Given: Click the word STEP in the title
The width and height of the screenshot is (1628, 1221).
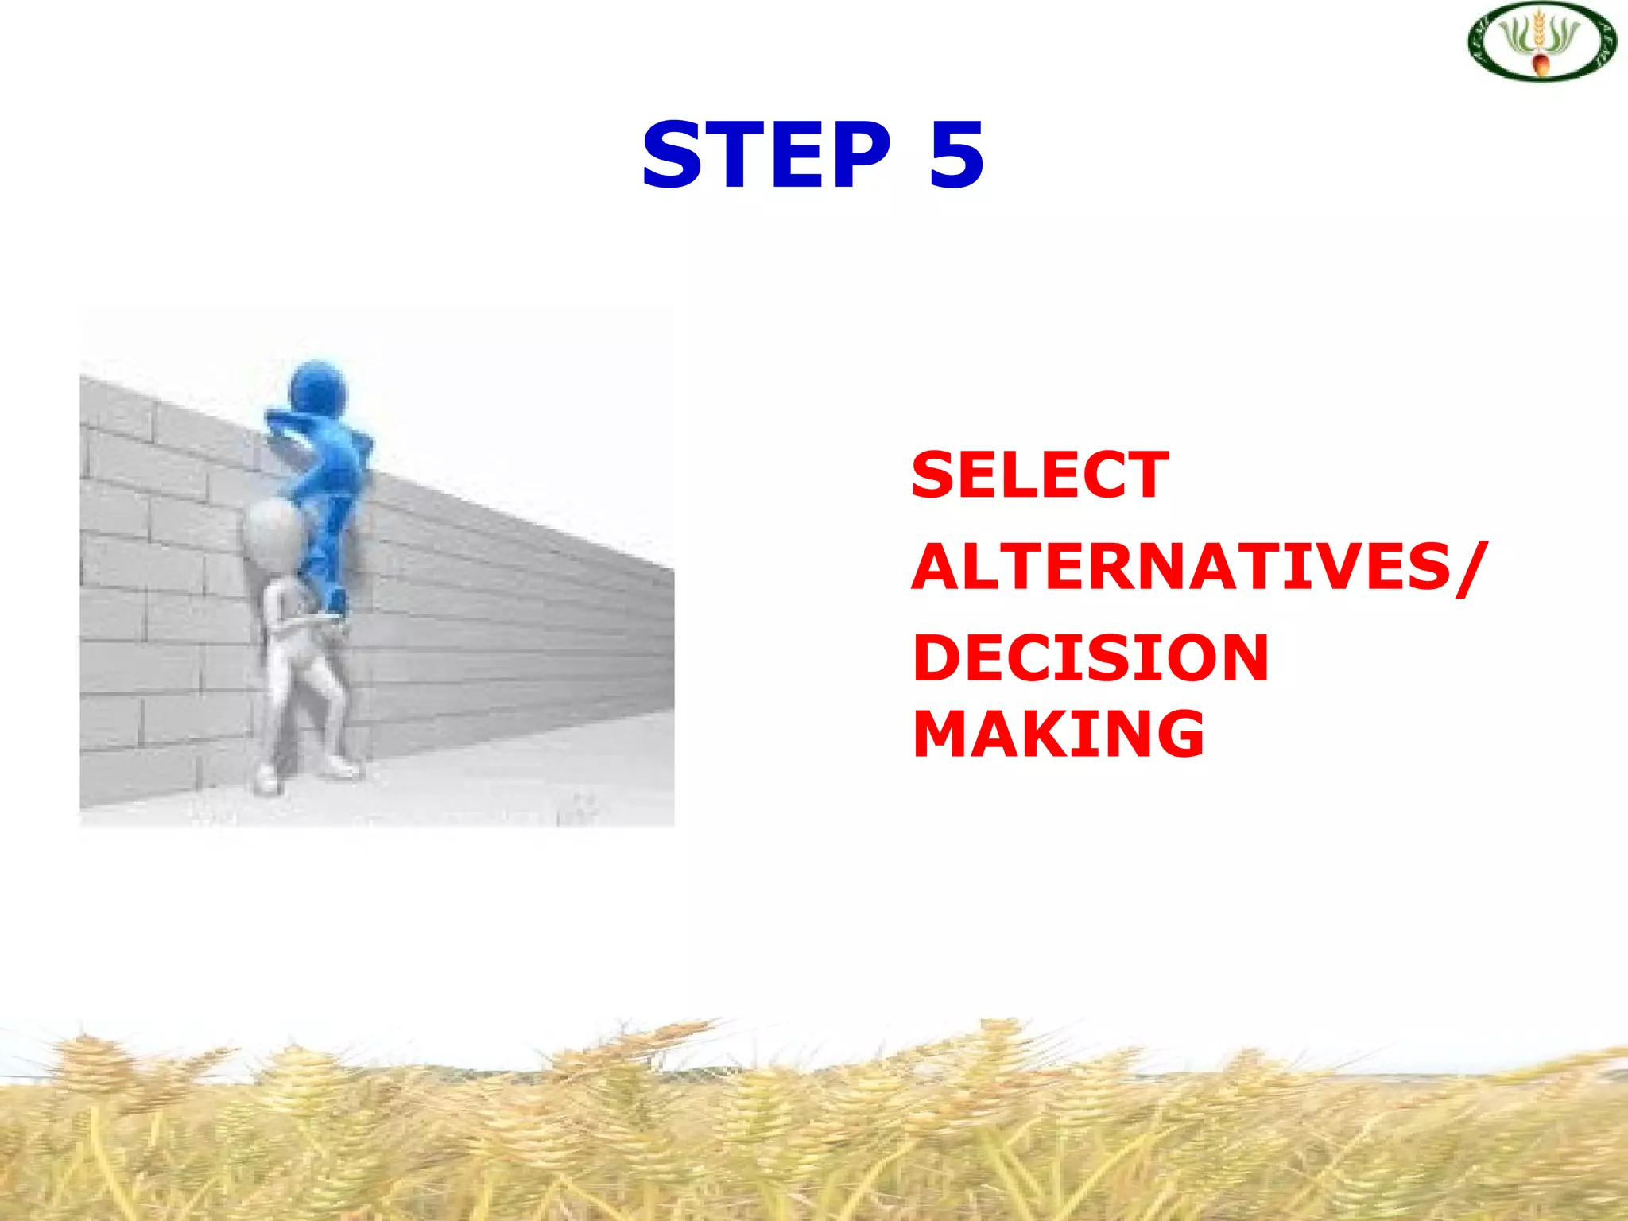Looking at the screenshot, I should tap(767, 155).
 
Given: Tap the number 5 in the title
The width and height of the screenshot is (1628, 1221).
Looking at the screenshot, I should tap(956, 155).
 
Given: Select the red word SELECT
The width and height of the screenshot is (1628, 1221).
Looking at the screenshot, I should tap(1040, 475).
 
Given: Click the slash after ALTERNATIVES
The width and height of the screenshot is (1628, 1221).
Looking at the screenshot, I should tap(1470, 567).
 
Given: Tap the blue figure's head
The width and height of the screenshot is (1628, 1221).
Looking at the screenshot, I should tap(318, 389).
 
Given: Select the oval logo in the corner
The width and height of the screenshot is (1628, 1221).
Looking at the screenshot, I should tap(1541, 41).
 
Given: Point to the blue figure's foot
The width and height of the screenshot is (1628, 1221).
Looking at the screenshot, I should tap(335, 602).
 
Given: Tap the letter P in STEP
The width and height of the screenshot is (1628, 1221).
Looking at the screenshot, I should tap(858, 155).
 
